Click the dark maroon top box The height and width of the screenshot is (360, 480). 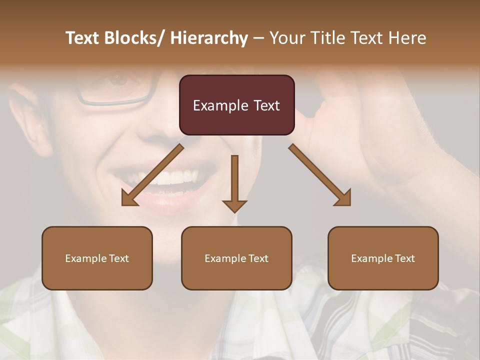236,105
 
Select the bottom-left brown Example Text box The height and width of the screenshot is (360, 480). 97,258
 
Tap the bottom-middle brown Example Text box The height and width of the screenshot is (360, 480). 236,258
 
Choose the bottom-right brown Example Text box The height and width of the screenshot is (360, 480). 383,258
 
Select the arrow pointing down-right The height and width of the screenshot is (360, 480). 320,175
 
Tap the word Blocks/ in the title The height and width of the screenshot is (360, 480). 134,38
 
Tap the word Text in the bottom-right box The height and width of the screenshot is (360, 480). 404,258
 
